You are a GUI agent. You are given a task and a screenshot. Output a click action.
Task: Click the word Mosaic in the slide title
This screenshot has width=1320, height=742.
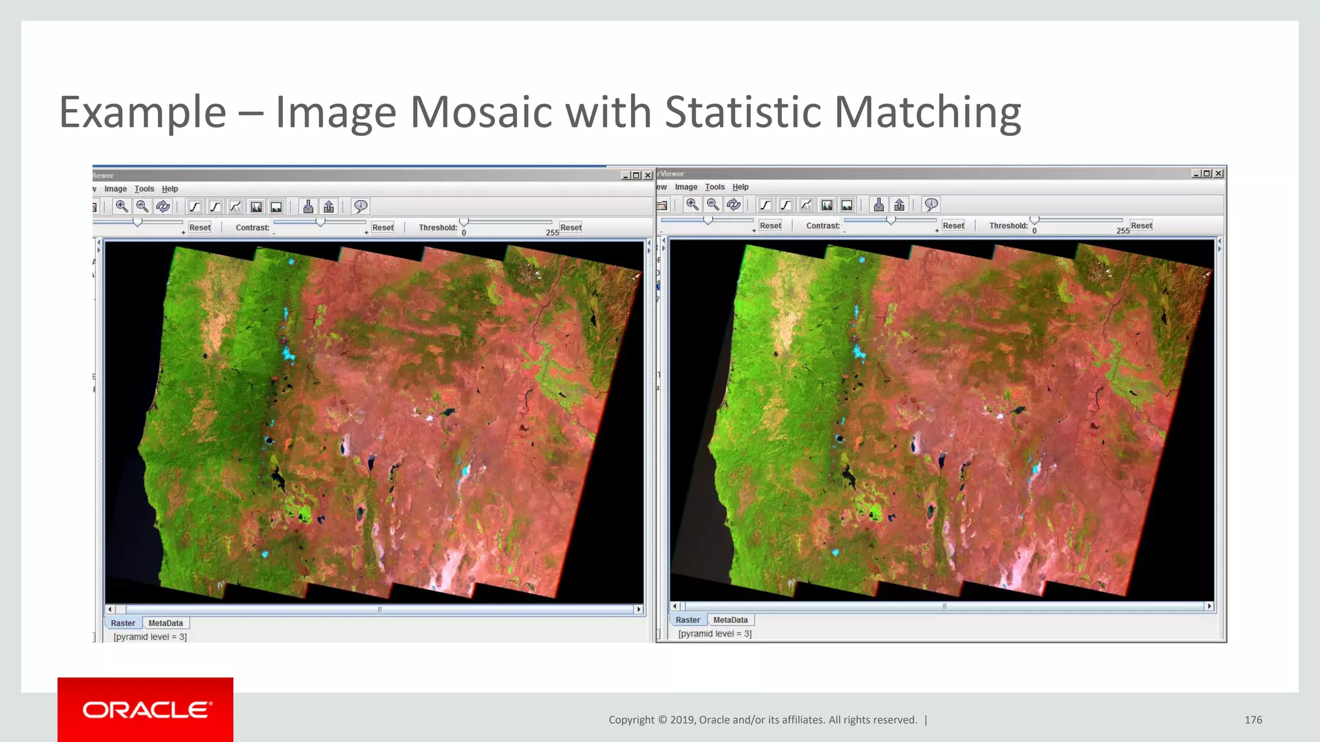point(480,112)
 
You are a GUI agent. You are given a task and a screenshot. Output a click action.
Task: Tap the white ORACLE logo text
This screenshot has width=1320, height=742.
point(146,710)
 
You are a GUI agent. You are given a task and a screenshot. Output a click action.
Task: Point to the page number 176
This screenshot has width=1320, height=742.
point(1253,720)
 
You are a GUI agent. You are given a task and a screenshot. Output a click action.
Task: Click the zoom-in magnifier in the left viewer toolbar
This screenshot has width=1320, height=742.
point(121,206)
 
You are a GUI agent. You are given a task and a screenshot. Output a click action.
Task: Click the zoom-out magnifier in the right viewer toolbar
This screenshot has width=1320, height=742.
point(713,205)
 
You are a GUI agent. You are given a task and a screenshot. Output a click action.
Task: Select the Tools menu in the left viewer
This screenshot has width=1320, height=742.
point(144,189)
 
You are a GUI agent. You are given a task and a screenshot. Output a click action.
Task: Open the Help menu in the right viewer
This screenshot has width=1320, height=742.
point(741,187)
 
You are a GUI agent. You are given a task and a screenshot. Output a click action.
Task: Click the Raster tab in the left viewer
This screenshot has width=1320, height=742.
point(122,623)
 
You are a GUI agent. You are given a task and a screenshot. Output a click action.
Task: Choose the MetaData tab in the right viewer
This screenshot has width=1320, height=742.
point(730,620)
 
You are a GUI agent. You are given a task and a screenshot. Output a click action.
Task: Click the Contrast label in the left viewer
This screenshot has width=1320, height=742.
point(252,227)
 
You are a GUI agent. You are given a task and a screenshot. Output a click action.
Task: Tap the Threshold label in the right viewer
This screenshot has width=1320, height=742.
point(1008,225)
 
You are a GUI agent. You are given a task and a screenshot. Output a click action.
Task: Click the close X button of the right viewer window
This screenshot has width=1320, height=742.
point(1218,174)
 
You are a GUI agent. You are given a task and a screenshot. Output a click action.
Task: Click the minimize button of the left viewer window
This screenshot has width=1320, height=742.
point(625,176)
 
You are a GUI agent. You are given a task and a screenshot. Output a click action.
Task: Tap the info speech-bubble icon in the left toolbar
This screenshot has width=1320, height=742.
point(360,206)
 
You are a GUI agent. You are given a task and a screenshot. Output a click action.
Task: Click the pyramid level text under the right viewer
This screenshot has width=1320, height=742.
point(715,634)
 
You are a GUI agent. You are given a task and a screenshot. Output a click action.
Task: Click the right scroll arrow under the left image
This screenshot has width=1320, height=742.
point(639,609)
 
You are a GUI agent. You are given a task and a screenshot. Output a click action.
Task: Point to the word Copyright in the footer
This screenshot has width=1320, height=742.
point(631,720)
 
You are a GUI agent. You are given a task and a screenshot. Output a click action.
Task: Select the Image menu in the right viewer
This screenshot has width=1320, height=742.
point(686,187)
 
